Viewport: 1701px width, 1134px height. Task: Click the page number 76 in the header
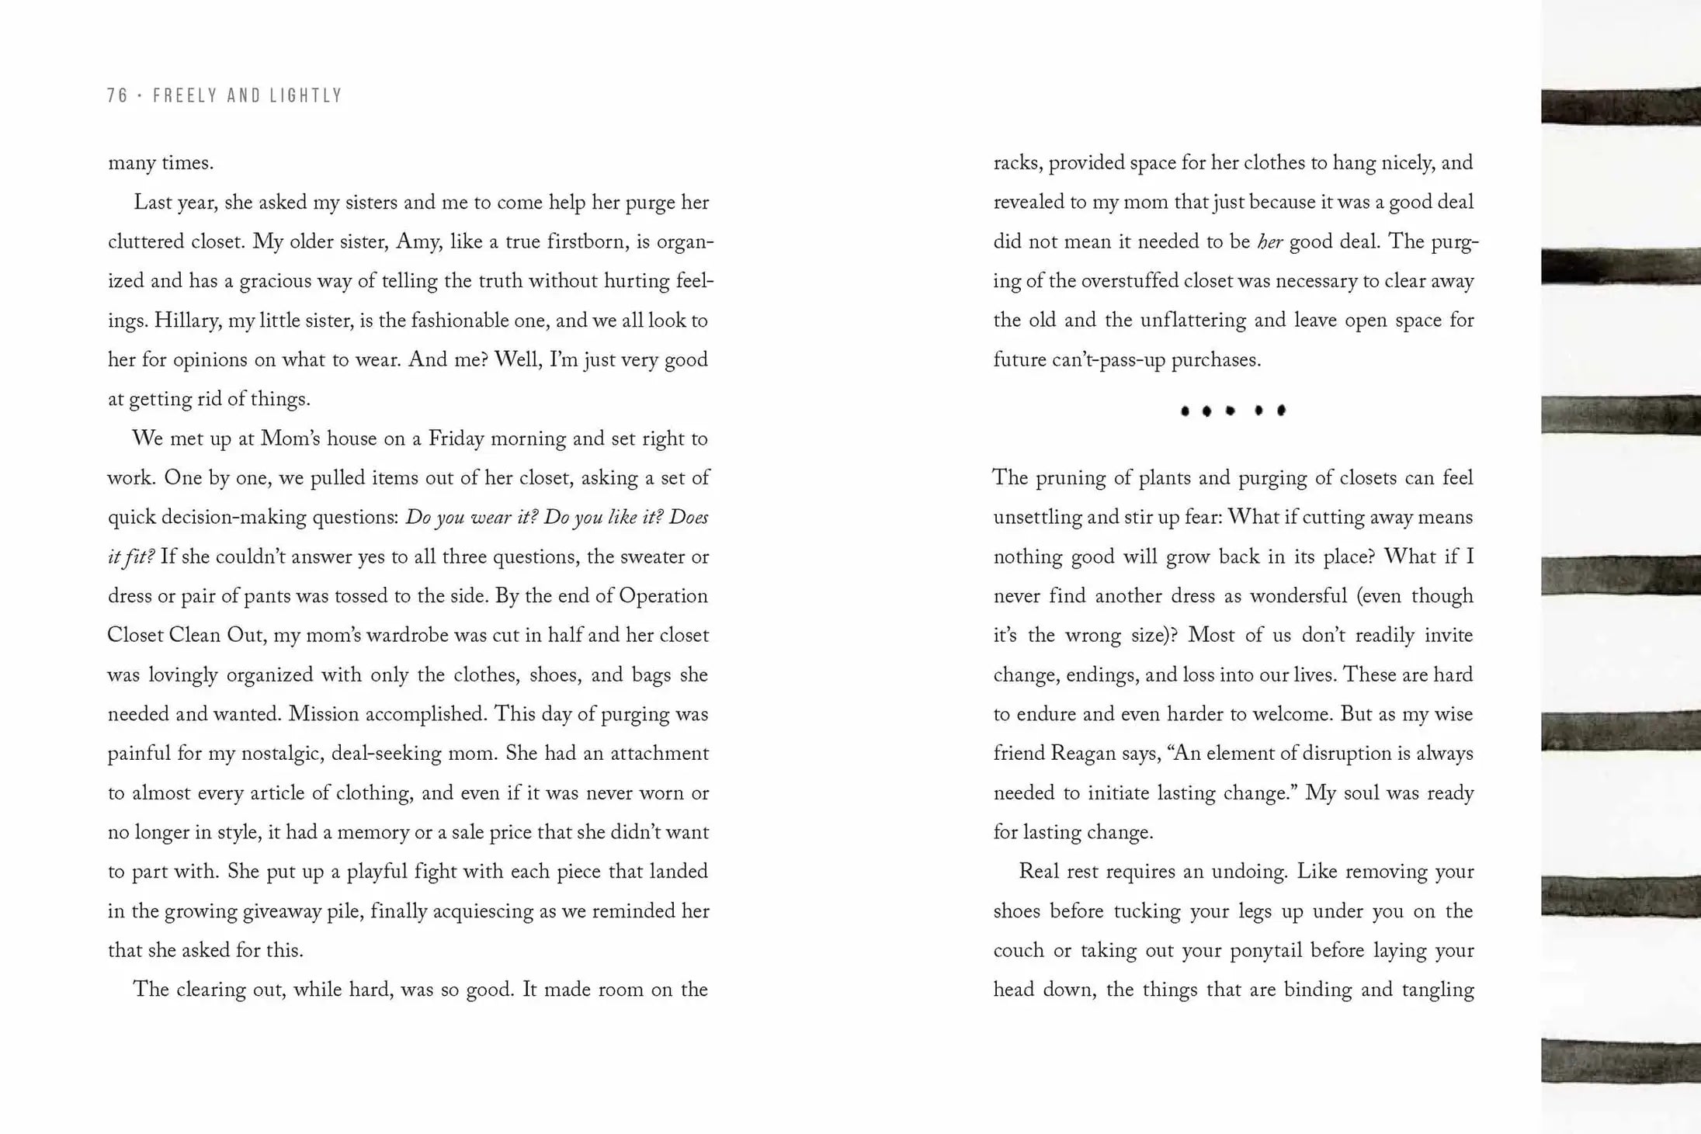pyautogui.click(x=117, y=95)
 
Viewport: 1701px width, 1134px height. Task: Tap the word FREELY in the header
pyautogui.click(x=182, y=95)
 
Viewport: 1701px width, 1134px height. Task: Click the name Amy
pyautogui.click(x=418, y=241)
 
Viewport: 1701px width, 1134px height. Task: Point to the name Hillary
pyautogui.click(x=186, y=321)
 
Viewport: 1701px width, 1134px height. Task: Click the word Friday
pyautogui.click(x=457, y=439)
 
